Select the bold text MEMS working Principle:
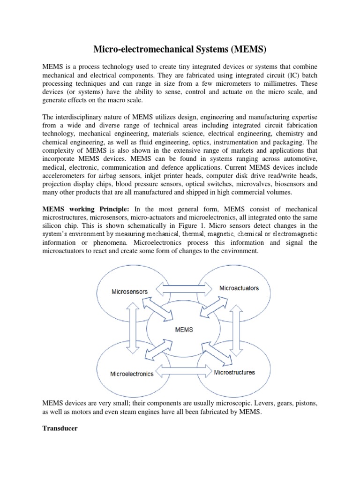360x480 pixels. tap(87, 209)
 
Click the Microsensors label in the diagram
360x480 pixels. tap(129, 291)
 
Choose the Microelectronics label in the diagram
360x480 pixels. tap(132, 374)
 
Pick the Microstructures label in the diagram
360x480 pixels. tap(234, 372)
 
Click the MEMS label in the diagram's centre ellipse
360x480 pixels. tap(183, 330)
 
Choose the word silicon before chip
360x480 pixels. tap(53, 225)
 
